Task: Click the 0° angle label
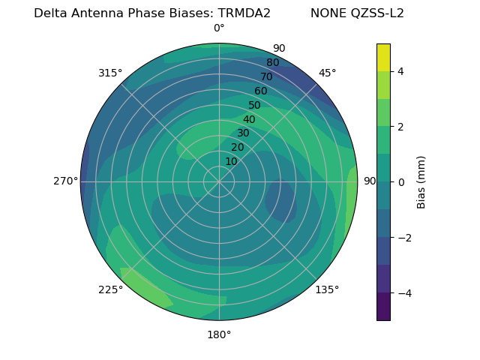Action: (x=219, y=28)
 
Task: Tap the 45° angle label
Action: (x=328, y=73)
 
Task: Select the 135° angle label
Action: (x=327, y=289)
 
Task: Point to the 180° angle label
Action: (x=219, y=334)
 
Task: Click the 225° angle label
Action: (x=110, y=290)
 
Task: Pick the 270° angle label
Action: (x=65, y=181)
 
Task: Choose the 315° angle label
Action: (x=110, y=73)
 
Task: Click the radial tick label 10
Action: (x=231, y=161)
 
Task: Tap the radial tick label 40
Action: (x=249, y=119)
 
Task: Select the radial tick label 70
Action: (x=266, y=76)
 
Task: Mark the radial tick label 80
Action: (x=272, y=63)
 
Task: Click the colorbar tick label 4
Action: (x=401, y=71)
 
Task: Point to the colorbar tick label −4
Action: (x=404, y=293)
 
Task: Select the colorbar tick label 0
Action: (x=401, y=182)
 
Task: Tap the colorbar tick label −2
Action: (x=404, y=238)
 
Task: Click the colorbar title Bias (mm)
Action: (x=421, y=182)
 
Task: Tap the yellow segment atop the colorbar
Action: (x=383, y=58)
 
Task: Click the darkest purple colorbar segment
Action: (x=383, y=307)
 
